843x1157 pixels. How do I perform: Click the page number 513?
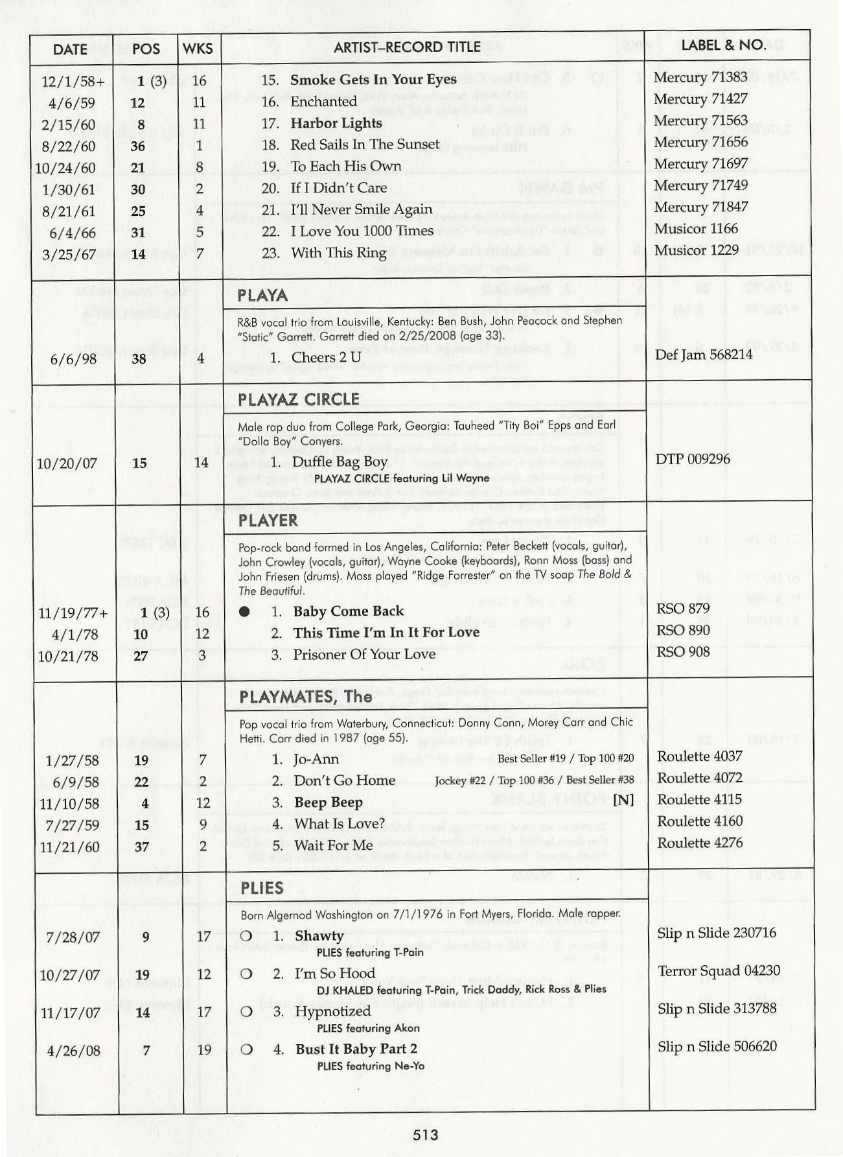pyautogui.click(x=425, y=1134)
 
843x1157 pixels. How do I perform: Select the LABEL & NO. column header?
pyautogui.click(x=723, y=45)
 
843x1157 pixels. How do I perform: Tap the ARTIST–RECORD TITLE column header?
pyautogui.click(x=407, y=47)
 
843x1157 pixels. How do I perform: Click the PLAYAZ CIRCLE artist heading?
pyautogui.click(x=298, y=399)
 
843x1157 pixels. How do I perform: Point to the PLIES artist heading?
pyautogui.click(x=262, y=888)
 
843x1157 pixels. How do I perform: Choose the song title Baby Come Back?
pyautogui.click(x=348, y=611)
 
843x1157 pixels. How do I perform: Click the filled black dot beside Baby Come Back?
pyautogui.click(x=244, y=611)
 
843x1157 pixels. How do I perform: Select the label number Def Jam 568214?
pyautogui.click(x=704, y=355)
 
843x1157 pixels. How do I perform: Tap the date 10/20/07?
pyautogui.click(x=67, y=463)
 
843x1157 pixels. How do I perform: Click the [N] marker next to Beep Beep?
pyautogui.click(x=623, y=800)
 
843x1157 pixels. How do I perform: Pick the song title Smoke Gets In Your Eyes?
pyautogui.click(x=373, y=80)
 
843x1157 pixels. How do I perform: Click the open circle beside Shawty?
pyautogui.click(x=246, y=936)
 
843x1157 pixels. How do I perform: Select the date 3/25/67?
pyautogui.click(x=69, y=254)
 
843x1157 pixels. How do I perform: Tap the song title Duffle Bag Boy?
pyautogui.click(x=340, y=462)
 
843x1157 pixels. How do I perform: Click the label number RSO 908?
pyautogui.click(x=682, y=652)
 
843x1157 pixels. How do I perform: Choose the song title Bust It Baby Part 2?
pyautogui.click(x=356, y=1049)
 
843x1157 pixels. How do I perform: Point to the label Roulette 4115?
pyautogui.click(x=700, y=799)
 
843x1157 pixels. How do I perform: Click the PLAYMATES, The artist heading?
pyautogui.click(x=305, y=697)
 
